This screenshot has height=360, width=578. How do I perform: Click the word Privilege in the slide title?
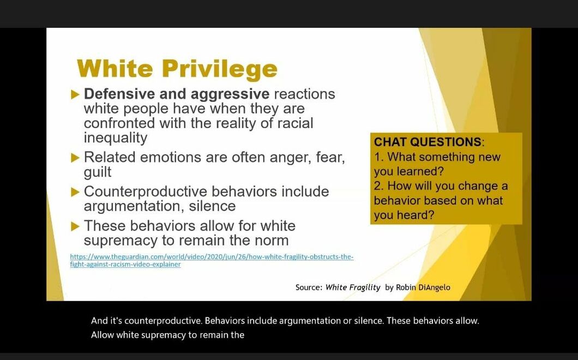pos(220,69)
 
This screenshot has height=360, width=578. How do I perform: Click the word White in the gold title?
pos(115,69)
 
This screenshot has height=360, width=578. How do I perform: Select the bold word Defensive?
pos(119,94)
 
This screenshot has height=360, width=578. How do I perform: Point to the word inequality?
pos(115,137)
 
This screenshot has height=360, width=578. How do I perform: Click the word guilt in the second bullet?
pos(97,172)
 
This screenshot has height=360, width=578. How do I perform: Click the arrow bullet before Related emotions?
pos(75,158)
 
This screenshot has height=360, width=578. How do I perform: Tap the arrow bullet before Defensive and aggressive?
pos(75,94)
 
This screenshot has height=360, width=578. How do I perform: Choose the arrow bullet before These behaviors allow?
pos(75,226)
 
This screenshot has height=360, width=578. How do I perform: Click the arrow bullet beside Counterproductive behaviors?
pos(75,192)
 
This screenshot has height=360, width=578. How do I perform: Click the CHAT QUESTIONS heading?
pos(428,142)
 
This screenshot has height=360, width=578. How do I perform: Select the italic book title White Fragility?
pos(353,287)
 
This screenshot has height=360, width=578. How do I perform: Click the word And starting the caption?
pos(99,321)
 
